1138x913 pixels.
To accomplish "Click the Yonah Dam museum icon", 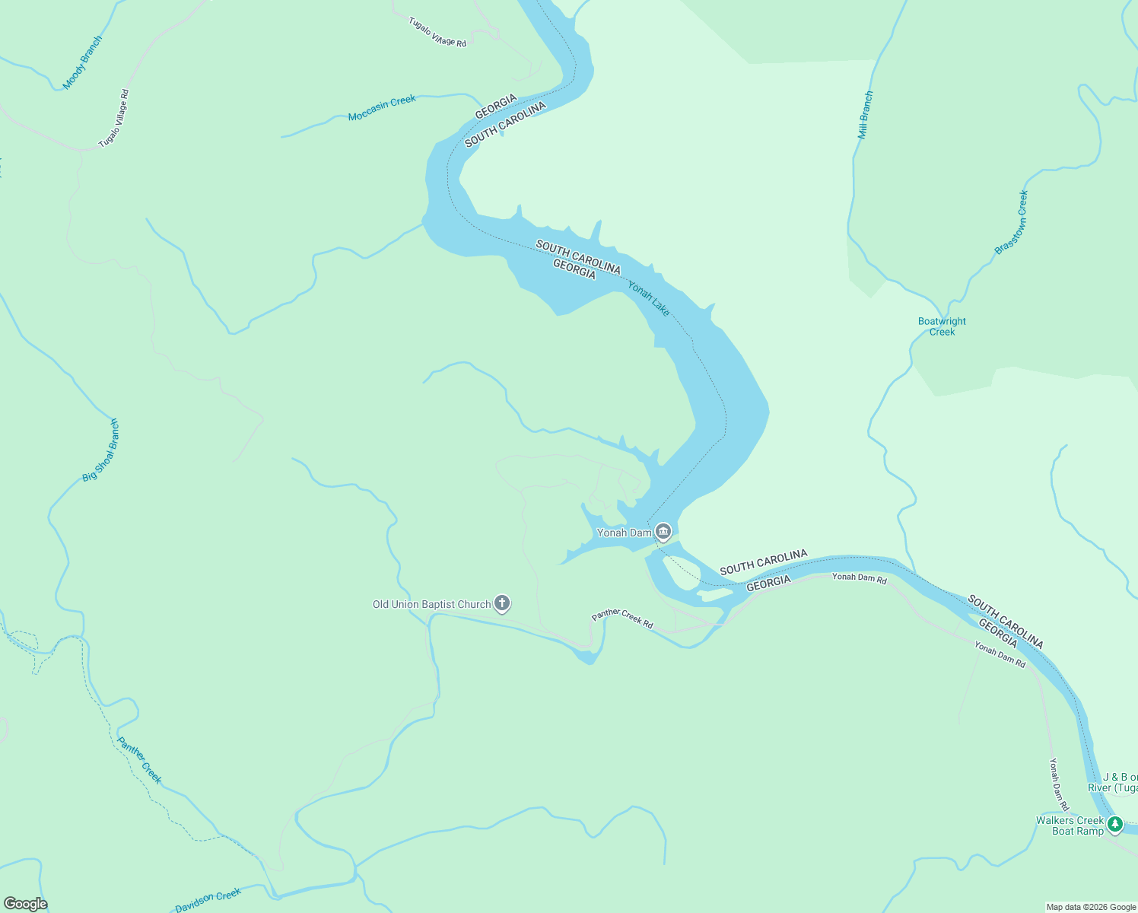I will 663,531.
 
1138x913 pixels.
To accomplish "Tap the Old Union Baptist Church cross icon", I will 501,603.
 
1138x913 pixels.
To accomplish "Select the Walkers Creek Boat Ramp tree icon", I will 1115,824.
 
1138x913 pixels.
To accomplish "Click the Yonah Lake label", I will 648,298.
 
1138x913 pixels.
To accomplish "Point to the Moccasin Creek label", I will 382,108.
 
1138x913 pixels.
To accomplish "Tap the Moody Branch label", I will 82,62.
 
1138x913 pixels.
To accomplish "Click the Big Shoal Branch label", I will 101,450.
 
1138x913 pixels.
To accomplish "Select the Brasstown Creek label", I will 1011,222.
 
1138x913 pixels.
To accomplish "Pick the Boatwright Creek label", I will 942,326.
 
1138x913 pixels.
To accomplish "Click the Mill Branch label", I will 865,115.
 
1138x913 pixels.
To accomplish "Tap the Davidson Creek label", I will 208,900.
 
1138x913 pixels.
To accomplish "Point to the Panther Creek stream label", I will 139,759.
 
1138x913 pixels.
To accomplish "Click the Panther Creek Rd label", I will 622,618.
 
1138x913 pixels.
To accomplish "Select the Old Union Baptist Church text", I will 431,604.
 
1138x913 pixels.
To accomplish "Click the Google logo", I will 25,903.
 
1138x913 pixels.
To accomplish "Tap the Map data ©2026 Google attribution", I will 1091,907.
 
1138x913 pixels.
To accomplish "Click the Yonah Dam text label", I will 624,533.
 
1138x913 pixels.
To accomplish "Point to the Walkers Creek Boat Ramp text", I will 1070,826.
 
